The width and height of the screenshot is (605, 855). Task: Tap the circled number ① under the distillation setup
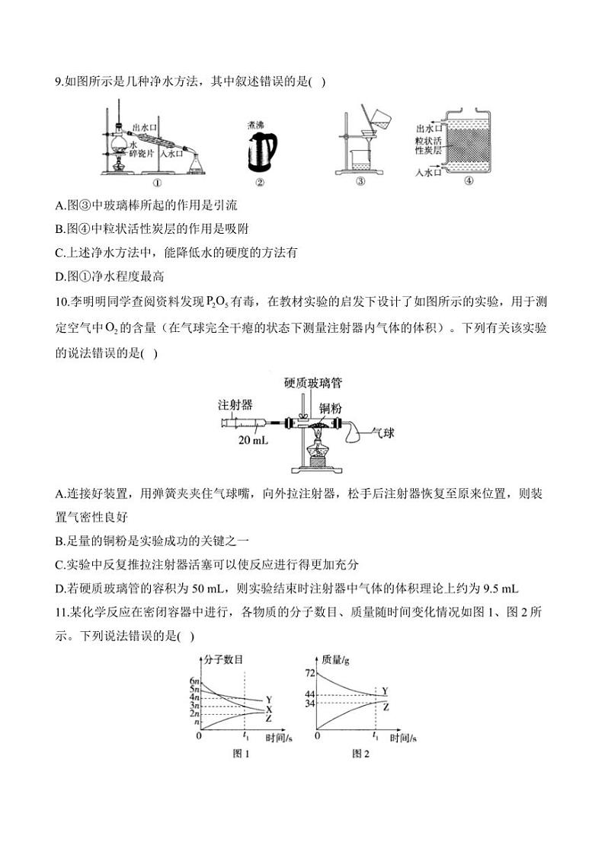pyautogui.click(x=157, y=183)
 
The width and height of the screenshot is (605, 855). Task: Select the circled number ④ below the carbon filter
pyautogui.click(x=469, y=181)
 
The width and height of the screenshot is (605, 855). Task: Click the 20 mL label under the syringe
pyautogui.click(x=251, y=440)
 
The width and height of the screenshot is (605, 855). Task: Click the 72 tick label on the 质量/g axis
pyautogui.click(x=310, y=674)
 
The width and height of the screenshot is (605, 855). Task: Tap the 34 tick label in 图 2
pyautogui.click(x=310, y=703)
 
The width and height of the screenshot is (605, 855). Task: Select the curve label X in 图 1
pyautogui.click(x=269, y=709)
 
